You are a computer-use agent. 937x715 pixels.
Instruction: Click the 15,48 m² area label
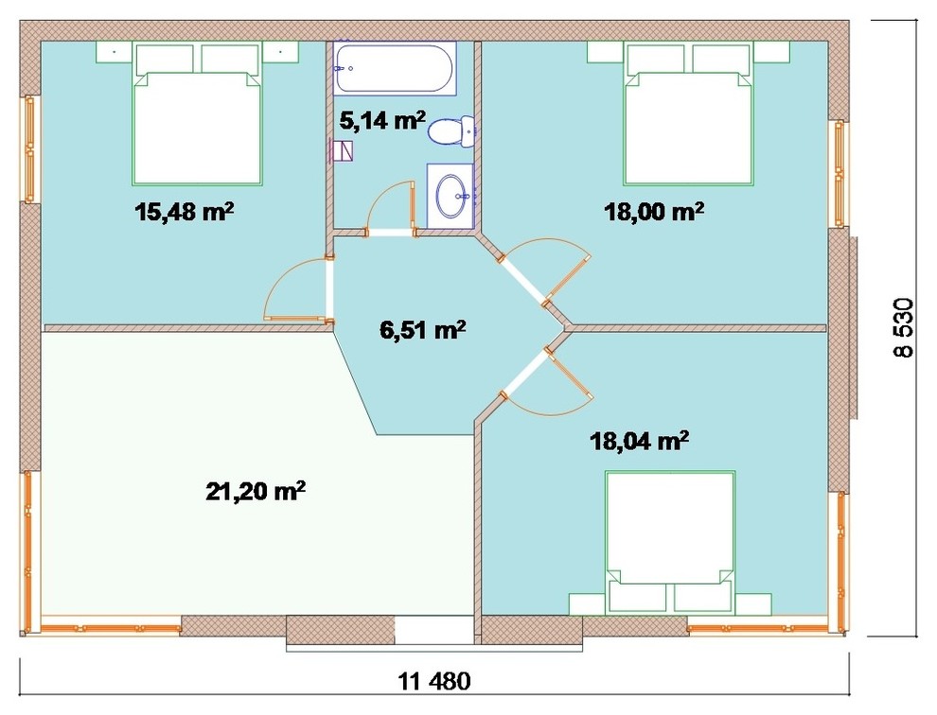[x=184, y=212]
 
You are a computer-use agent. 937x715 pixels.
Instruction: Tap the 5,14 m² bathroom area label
[x=382, y=121]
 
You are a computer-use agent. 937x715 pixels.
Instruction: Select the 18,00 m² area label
[x=654, y=212]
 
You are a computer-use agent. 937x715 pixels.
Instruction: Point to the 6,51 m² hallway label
[x=423, y=329]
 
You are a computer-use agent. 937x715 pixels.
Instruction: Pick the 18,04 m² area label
[x=640, y=442]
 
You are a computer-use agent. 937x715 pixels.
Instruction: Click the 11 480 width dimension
[x=434, y=680]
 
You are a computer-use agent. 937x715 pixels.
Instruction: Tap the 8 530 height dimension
[x=904, y=327]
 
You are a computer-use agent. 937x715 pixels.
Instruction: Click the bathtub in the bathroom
[x=395, y=68]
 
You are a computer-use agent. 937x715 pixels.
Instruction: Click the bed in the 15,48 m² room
[x=197, y=113]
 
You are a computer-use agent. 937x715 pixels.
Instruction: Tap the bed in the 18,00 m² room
[x=688, y=113]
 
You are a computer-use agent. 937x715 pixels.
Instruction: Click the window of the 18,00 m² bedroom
[x=840, y=173]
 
